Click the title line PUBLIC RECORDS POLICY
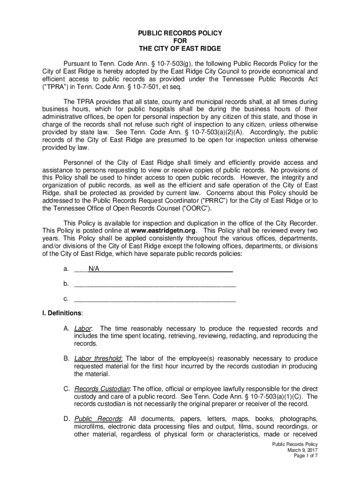(x=180, y=33)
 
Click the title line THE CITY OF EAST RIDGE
(x=180, y=49)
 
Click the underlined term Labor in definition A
(x=83, y=328)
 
